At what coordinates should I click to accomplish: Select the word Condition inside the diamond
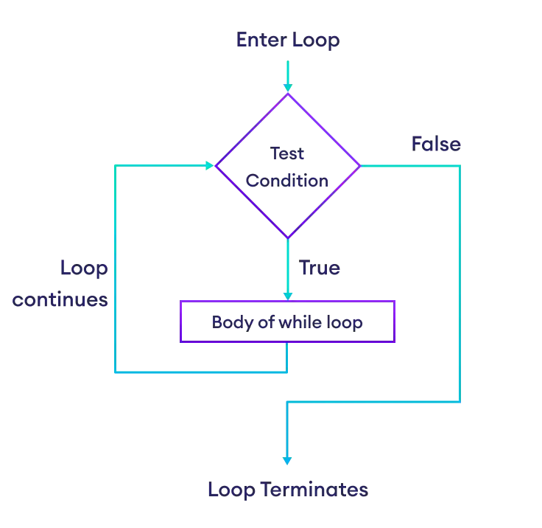tap(287, 180)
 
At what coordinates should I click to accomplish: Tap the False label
tap(437, 145)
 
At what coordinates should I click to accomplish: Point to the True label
tap(319, 268)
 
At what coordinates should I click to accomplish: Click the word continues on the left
tap(60, 300)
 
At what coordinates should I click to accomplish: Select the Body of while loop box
tap(288, 322)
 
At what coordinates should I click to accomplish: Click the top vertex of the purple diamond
tap(287, 94)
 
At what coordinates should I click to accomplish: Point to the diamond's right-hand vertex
tap(360, 166)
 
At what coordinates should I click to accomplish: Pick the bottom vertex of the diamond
tap(287, 238)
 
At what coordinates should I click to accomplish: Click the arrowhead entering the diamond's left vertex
tap(209, 166)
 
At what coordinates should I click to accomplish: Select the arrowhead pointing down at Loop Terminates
tap(287, 460)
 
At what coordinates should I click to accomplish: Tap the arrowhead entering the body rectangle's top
tap(287, 293)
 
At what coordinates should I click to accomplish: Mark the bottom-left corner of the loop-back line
tap(116, 372)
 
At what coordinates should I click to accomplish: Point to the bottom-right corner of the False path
tap(460, 402)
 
